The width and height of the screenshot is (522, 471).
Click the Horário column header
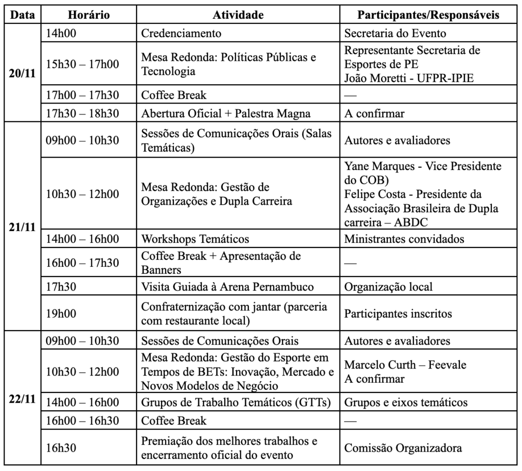89,15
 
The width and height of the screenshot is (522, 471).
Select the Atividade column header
238,15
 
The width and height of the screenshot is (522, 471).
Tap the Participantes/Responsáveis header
428,15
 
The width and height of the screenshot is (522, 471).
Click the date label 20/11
22,73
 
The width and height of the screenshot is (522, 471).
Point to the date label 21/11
22,227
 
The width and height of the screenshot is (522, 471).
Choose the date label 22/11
22,399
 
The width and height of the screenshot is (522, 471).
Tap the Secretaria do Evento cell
395,34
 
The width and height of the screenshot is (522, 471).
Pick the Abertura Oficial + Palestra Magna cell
225,113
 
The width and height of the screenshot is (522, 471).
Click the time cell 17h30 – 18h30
82,113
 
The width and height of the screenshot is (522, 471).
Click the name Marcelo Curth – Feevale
405,365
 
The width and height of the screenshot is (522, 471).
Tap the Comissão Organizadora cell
403,448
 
